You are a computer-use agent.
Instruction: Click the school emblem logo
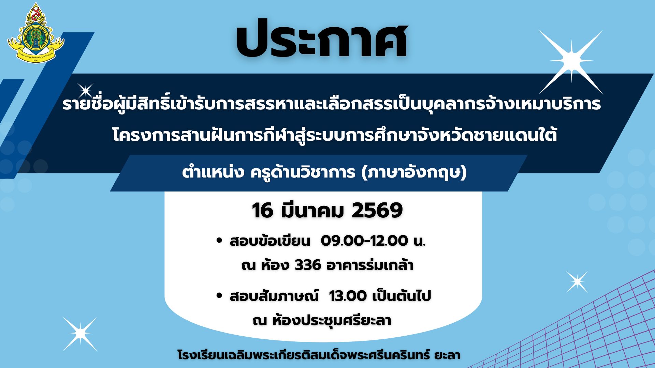point(36,33)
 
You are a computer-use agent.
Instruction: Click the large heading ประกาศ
point(321,39)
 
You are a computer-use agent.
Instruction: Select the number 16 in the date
point(263,210)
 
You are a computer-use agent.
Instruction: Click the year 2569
point(377,210)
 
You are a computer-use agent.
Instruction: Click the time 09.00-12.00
point(364,241)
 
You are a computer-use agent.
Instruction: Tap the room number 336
point(308,265)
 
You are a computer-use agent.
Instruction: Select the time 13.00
point(348,296)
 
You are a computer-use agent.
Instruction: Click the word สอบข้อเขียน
point(270,241)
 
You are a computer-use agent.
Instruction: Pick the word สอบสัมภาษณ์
point(274,295)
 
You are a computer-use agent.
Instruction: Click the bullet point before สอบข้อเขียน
point(219,241)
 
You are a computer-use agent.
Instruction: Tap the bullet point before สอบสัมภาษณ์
point(219,295)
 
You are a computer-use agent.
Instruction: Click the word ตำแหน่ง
point(213,172)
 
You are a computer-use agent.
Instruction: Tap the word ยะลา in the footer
point(447,355)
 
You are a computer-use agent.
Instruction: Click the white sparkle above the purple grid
point(577,282)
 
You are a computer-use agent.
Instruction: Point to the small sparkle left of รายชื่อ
point(85,91)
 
